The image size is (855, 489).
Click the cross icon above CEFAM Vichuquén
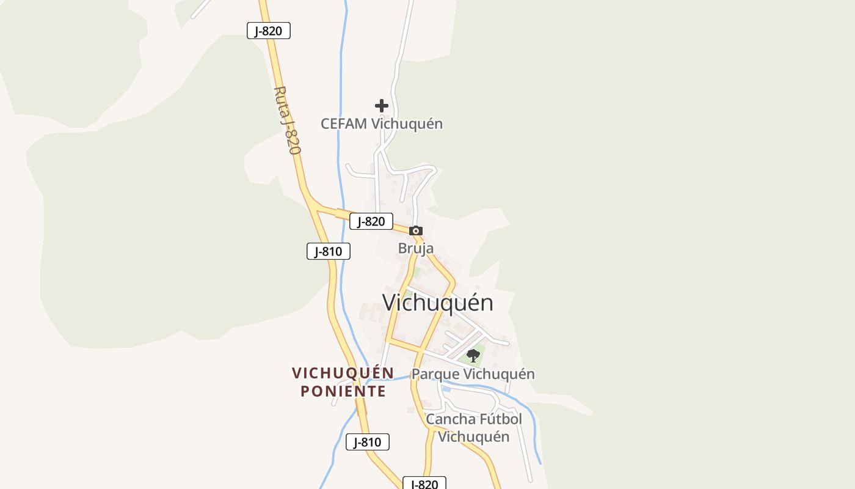coord(382,106)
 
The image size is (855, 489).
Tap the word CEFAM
coord(344,123)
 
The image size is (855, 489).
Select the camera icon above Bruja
coord(416,230)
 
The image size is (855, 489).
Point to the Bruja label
coord(416,248)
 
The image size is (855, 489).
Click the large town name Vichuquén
coord(437,303)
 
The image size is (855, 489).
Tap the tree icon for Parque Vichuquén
coord(473,355)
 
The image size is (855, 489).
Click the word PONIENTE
coord(343,391)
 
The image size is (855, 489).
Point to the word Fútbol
coord(500,419)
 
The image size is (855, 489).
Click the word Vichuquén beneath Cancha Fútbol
coord(474,436)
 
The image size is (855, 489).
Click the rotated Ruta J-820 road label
coord(287,120)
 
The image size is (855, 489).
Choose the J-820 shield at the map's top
coord(269,31)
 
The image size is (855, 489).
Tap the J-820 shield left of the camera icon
coord(371,221)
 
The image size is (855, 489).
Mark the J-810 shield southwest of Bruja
coord(329,251)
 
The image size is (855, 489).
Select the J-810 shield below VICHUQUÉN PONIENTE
coord(368,442)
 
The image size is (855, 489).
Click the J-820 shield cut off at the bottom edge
coord(424,483)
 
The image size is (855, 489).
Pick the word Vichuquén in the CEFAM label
coord(407,123)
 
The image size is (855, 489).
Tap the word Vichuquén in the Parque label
coord(498,374)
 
